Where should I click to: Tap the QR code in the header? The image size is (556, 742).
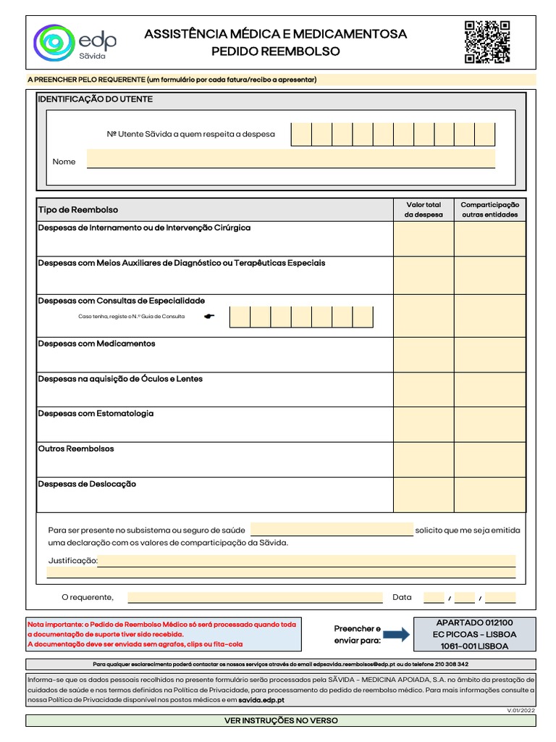[x=486, y=42]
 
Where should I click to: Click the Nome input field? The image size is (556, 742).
[x=290, y=159]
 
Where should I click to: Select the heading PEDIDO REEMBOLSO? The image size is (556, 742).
[x=275, y=51]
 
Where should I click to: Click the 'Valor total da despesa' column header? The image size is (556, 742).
[x=424, y=209]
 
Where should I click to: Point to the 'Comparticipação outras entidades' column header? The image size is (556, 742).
[x=489, y=209]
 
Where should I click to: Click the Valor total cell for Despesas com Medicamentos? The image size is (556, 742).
[x=424, y=354]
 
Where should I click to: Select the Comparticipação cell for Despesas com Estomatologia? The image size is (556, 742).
[x=489, y=424]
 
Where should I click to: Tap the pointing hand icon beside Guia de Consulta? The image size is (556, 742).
[x=210, y=317]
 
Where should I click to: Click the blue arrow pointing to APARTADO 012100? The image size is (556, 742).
[x=395, y=635]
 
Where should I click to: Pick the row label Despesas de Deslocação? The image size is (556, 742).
[x=87, y=484]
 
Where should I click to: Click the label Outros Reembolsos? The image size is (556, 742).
[x=76, y=449]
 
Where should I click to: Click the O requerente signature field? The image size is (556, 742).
[x=255, y=597]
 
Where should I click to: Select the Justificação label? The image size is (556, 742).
[x=72, y=561]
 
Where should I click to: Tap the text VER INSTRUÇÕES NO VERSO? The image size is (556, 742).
[x=281, y=721]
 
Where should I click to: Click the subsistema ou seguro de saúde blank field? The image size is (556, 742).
[x=332, y=530]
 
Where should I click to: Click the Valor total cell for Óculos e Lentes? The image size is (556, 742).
[x=424, y=390]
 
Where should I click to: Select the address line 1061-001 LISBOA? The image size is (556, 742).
[x=474, y=646]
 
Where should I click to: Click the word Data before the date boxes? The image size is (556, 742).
[x=402, y=597]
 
